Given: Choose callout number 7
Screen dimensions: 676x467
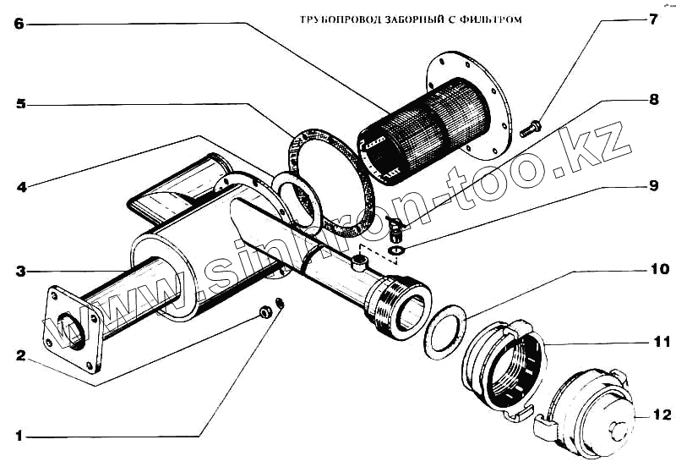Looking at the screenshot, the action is (652, 19).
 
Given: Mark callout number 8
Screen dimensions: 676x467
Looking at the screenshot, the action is (652, 99).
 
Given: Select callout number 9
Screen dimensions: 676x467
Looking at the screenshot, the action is (652, 185).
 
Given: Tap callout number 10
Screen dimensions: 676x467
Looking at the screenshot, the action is (658, 270).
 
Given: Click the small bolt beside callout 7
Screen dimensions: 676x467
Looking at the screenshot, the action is (532, 129).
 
